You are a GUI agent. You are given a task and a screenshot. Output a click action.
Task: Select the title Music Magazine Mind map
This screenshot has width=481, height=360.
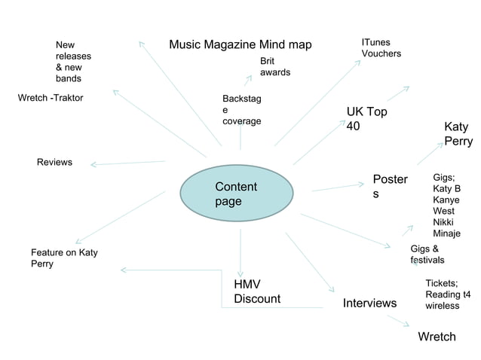pyautogui.click(x=240, y=44)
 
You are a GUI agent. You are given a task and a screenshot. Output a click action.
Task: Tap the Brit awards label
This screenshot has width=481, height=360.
pyautogui.click(x=275, y=66)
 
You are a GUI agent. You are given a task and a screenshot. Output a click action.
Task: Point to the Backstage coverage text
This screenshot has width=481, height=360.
pyautogui.click(x=241, y=110)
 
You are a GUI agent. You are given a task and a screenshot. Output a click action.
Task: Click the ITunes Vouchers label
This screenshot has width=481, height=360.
pyautogui.click(x=381, y=47)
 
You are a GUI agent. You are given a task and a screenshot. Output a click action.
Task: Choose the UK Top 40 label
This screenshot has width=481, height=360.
pyautogui.click(x=366, y=119)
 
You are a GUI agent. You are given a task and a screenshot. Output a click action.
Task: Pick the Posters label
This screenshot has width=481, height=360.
pyautogui.click(x=389, y=187)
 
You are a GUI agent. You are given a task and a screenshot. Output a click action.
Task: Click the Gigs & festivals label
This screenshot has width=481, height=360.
pyautogui.click(x=427, y=254)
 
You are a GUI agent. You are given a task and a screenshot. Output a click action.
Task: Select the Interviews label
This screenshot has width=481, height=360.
pyautogui.click(x=369, y=303)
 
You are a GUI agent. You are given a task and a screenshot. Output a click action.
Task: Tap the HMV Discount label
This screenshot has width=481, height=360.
pyautogui.click(x=256, y=291)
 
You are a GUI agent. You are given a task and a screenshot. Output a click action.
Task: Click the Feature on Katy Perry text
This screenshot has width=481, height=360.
pyautogui.click(x=64, y=258)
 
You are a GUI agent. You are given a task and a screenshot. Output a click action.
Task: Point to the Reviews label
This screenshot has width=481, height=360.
pyautogui.click(x=54, y=162)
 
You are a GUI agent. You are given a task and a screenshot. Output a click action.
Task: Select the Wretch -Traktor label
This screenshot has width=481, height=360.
pyautogui.click(x=51, y=98)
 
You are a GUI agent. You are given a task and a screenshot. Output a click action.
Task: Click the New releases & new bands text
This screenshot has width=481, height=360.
pyautogui.click(x=73, y=62)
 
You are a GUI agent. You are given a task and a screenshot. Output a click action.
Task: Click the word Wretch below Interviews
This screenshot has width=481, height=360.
pyautogui.click(x=437, y=336)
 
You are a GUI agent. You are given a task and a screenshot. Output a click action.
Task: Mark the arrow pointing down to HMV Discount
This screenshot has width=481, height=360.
pyautogui.click(x=240, y=252)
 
